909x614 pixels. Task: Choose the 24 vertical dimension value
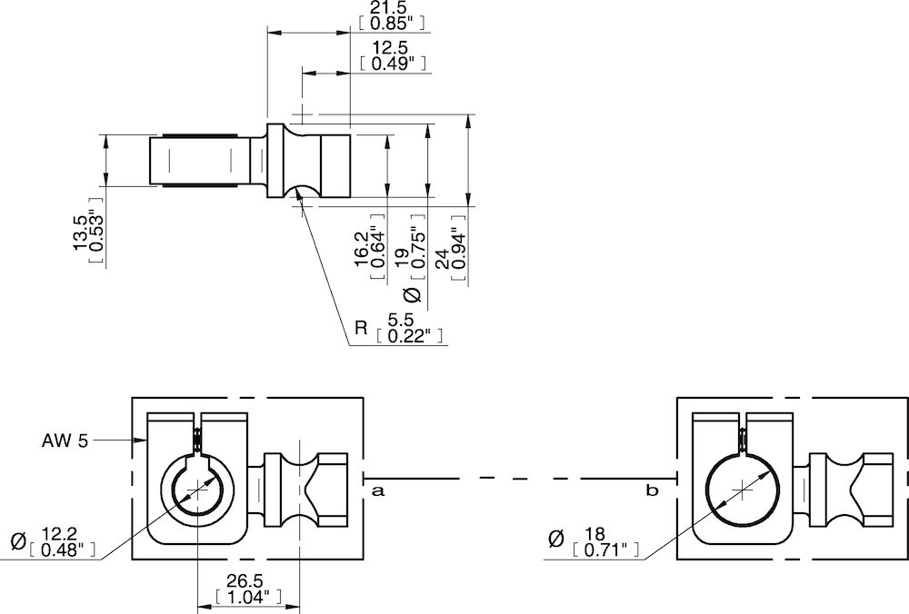(x=442, y=262)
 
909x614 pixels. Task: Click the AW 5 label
(x=65, y=441)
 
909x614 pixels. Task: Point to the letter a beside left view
(x=377, y=490)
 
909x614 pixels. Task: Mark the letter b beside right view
(x=651, y=490)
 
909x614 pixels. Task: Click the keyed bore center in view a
(x=195, y=490)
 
